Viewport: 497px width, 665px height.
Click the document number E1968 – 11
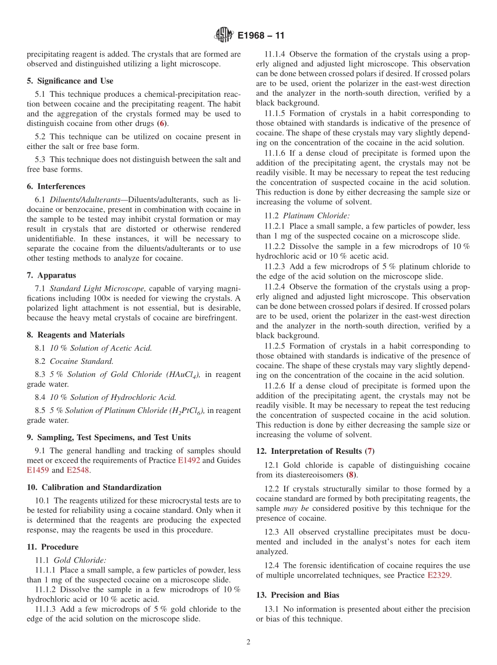pyautogui.click(x=261, y=36)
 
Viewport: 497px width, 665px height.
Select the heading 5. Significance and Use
pyautogui.click(x=70, y=81)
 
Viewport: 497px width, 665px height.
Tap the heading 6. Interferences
pyautogui.click(x=56, y=187)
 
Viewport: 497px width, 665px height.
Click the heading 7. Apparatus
pyautogui.click(x=51, y=276)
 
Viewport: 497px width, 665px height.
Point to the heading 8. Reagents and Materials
pyautogui.click(x=76, y=335)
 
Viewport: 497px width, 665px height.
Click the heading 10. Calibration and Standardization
pyautogui.click(x=94, y=487)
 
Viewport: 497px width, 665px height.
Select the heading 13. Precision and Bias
pyautogui.click(x=298, y=595)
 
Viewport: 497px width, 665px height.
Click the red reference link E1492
pyautogui.click(x=189, y=461)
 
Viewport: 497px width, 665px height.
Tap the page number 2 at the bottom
pyautogui.click(x=249, y=643)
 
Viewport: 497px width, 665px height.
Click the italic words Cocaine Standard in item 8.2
pyautogui.click(x=82, y=361)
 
